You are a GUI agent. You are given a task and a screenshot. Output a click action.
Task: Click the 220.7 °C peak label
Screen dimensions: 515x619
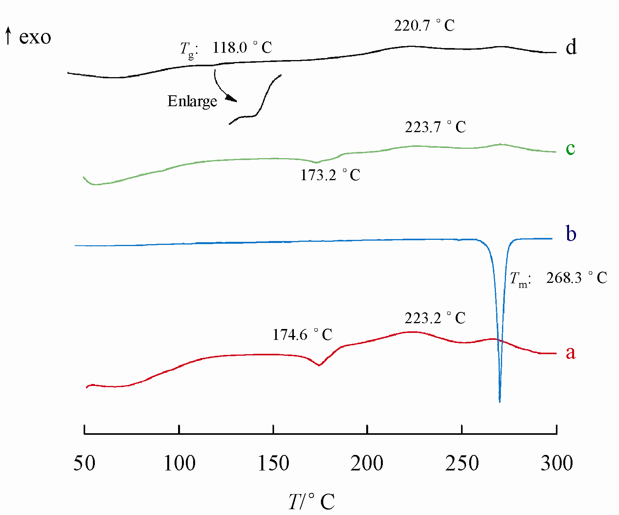pos(424,26)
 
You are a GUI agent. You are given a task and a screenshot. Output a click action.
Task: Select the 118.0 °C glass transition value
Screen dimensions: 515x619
pos(242,48)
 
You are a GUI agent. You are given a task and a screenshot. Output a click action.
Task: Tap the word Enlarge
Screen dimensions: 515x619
pos(192,102)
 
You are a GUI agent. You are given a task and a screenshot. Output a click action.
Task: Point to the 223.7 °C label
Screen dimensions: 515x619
pos(436,127)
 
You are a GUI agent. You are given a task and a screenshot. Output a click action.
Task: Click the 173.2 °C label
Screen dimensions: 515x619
pos(330,176)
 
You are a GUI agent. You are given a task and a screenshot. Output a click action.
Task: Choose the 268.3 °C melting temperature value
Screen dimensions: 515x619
pos(576,278)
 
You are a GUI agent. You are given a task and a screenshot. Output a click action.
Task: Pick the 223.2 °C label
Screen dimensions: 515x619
pos(435,318)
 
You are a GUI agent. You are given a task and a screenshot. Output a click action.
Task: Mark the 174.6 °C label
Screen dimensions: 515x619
pos(302,335)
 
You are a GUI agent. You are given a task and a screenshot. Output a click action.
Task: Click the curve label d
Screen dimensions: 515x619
pos(571,47)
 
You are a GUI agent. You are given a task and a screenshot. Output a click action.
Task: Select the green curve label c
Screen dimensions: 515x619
pos(570,148)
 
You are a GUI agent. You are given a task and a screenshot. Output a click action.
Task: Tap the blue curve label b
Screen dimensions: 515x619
pos(571,234)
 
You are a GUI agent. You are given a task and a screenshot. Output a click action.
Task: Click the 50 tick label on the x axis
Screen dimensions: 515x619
pos(84,463)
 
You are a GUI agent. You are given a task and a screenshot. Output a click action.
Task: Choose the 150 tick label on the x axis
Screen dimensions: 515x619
pos(273,463)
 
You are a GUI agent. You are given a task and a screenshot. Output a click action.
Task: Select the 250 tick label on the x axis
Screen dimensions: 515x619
pos(462,463)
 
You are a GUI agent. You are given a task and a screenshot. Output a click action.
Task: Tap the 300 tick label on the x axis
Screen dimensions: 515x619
pos(557,463)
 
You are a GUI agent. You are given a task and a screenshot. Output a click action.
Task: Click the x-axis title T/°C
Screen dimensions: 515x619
pos(311,501)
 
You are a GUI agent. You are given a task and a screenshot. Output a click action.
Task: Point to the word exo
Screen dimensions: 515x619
pos(35,37)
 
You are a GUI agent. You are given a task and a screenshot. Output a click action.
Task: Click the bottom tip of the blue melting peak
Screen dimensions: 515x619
pos(500,402)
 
